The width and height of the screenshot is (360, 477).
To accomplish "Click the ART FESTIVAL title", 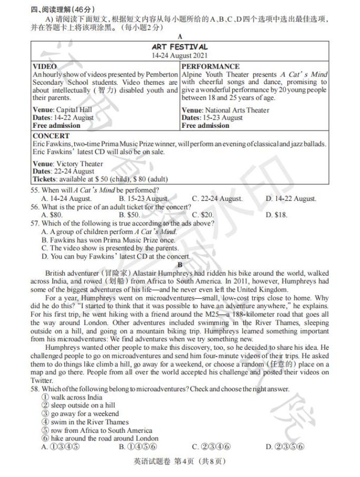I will pyautogui.click(x=179, y=47).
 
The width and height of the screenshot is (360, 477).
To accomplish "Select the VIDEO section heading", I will pyautogui.click(x=45, y=66).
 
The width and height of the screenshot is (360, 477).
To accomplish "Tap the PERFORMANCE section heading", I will pyautogui.click(x=211, y=66).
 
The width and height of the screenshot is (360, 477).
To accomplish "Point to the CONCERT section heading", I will pyautogui.click(x=51, y=136).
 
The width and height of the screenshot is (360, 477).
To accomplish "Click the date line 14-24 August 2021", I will pyautogui.click(x=179, y=56).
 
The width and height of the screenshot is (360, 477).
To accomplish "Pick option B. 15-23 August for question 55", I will pyautogui.click(x=143, y=199).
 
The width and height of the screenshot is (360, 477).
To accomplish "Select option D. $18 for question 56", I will pyautogui.click(x=276, y=215).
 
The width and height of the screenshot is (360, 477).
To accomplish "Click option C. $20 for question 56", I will pyautogui.click(x=203, y=215).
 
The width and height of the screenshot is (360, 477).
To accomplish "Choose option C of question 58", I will pyautogui.click(x=211, y=446).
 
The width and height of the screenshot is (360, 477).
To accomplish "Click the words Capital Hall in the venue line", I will pyautogui.click(x=73, y=110).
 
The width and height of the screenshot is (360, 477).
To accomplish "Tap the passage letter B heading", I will pyautogui.click(x=180, y=265).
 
